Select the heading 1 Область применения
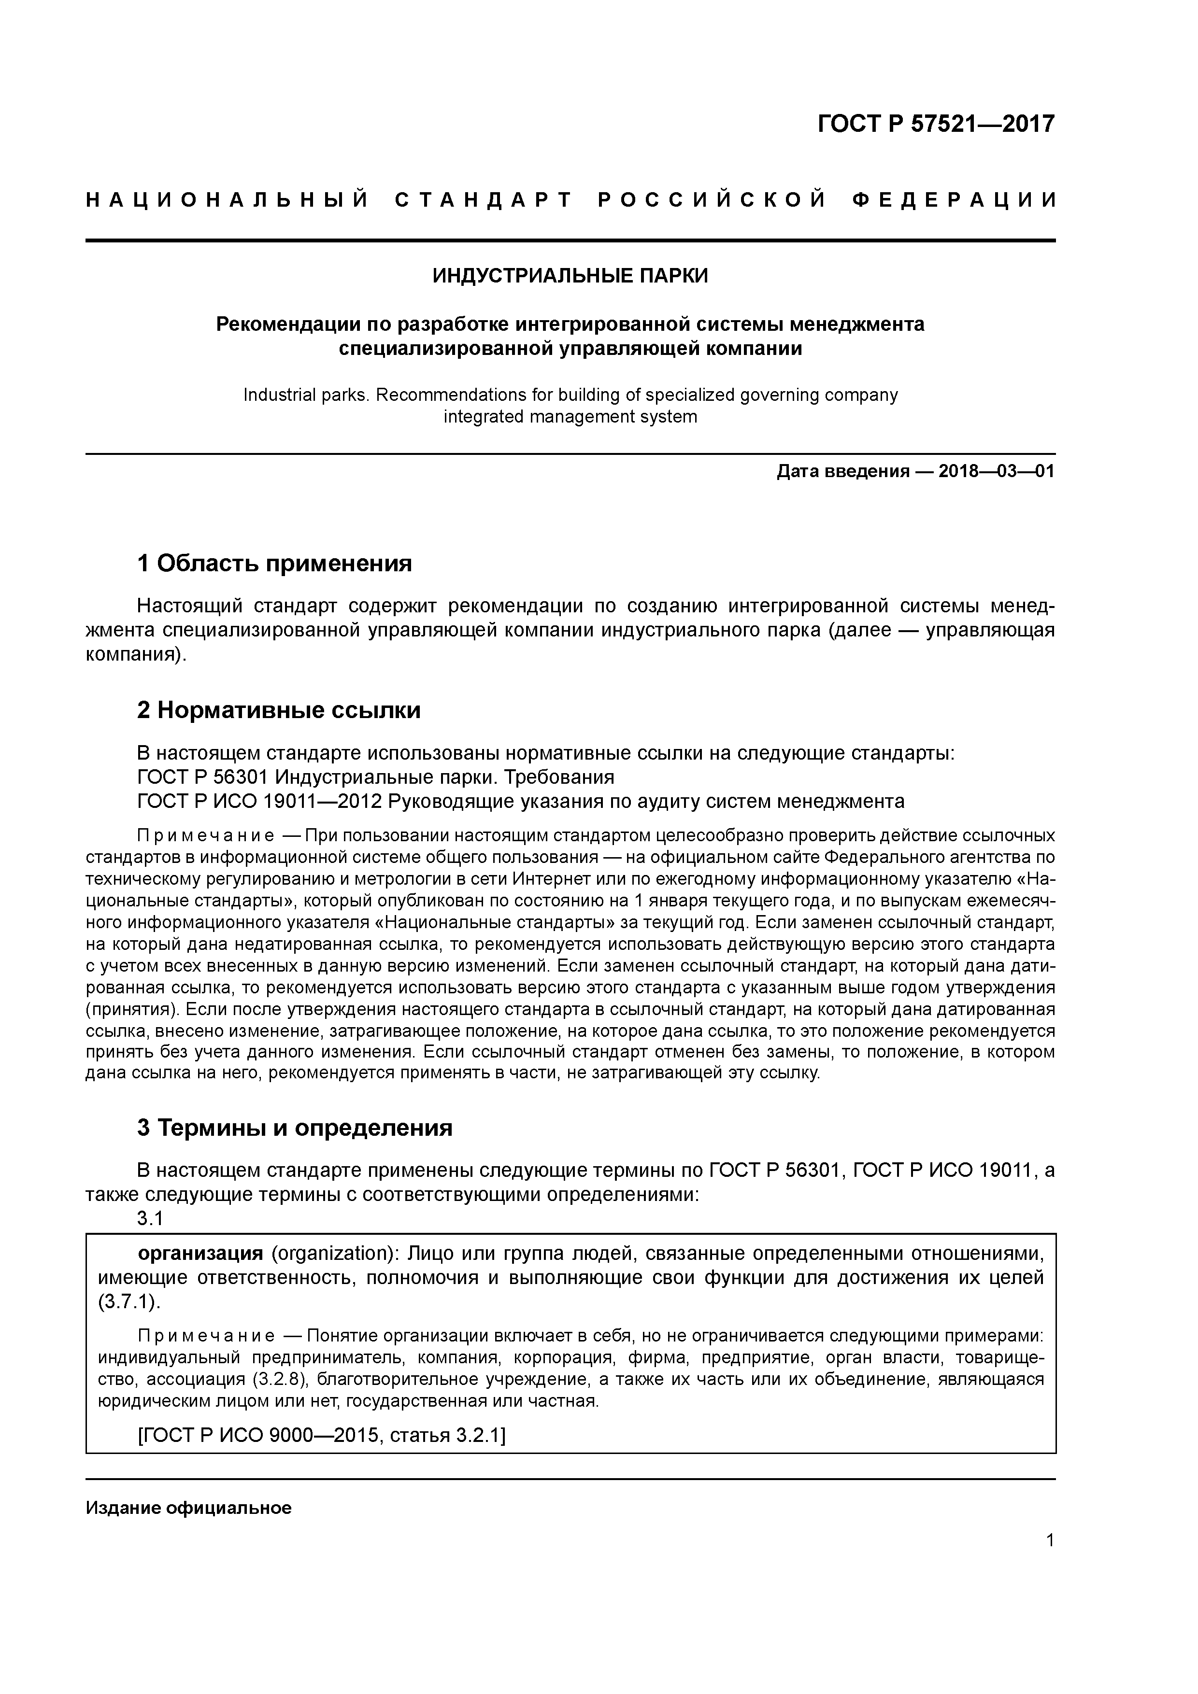coord(274,564)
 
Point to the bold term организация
coord(200,1254)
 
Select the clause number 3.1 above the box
coord(150,1220)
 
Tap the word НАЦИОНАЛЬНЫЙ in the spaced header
coord(227,200)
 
